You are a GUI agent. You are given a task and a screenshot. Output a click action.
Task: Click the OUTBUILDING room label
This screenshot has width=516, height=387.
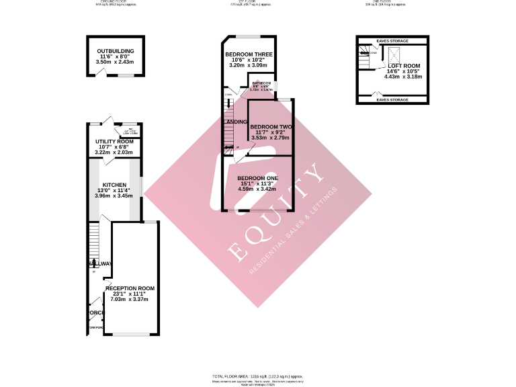[x=115, y=51]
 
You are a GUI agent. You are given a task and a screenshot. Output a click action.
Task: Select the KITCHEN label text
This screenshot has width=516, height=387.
[x=114, y=184]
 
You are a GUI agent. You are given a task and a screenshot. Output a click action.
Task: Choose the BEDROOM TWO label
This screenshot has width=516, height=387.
[x=271, y=127]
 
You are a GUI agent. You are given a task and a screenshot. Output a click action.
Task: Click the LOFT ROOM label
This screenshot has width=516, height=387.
[x=403, y=66]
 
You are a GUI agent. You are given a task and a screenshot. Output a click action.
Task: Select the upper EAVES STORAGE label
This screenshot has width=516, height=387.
[x=392, y=41]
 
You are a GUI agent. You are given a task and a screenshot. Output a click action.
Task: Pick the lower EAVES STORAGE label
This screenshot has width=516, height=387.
[x=392, y=100]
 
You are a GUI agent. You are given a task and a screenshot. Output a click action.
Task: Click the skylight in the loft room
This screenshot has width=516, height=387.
[x=395, y=53]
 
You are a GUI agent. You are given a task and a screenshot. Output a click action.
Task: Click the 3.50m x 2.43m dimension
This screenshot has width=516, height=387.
[x=115, y=62]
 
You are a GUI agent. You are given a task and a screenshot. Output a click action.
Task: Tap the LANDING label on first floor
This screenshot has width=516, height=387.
[x=236, y=122]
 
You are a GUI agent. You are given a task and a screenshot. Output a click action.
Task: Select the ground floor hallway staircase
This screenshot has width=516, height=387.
[x=94, y=239]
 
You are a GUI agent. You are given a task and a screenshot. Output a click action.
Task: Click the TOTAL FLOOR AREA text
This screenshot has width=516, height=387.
[x=258, y=376]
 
